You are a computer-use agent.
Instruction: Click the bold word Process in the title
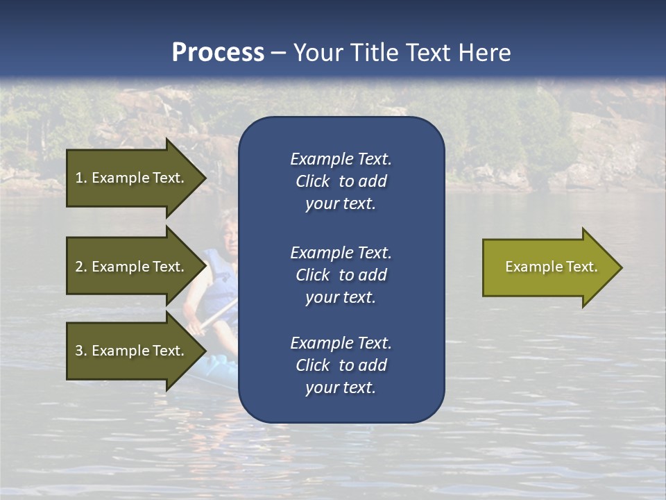(218, 52)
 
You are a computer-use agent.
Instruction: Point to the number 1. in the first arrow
(81, 178)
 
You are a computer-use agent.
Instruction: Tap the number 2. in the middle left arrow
(81, 267)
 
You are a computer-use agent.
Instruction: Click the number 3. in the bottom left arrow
(81, 351)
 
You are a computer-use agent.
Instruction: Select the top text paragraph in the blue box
(341, 181)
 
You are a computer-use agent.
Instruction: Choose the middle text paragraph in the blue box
(341, 275)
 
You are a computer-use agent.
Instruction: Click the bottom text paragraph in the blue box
(341, 365)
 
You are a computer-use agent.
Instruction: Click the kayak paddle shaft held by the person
(215, 316)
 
